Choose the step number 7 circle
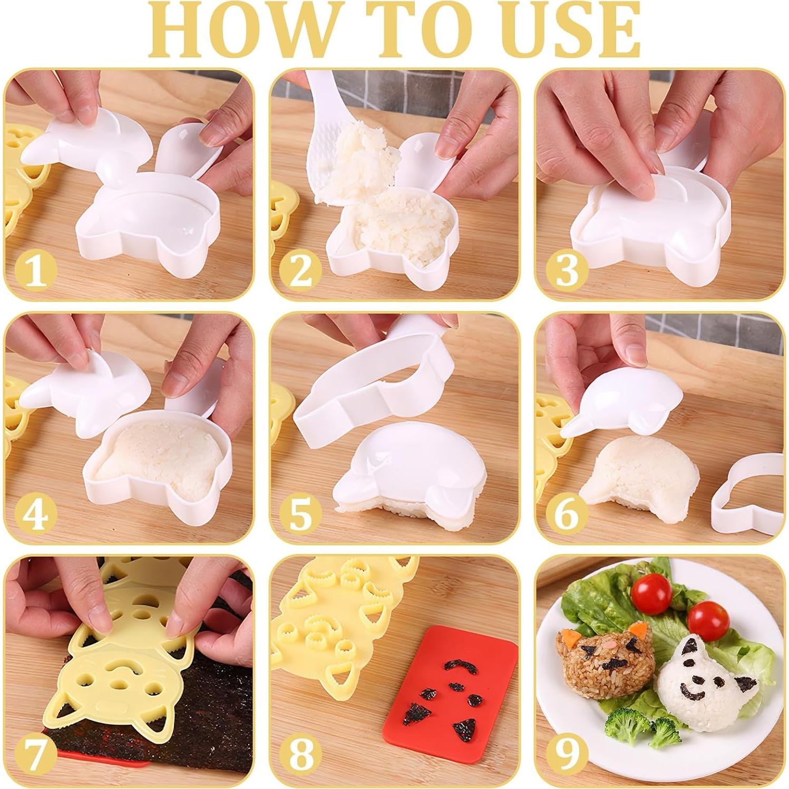point(35,755)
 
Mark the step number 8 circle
point(301,755)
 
